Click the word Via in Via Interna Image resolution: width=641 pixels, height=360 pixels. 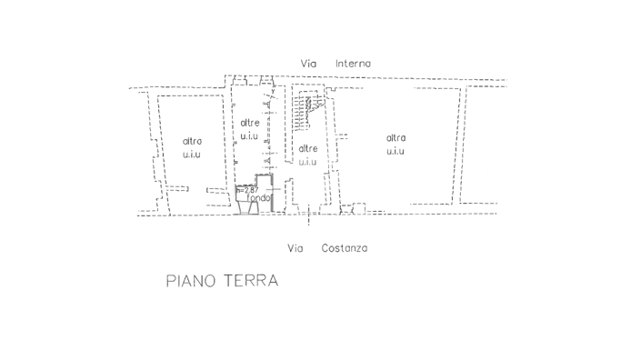pyautogui.click(x=309, y=63)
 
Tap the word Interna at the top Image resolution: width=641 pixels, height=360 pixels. pyautogui.click(x=353, y=63)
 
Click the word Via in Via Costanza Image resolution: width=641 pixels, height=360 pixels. pyautogui.click(x=295, y=248)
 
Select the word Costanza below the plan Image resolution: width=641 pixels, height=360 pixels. pyautogui.click(x=345, y=248)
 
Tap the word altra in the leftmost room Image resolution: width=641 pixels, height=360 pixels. pyautogui.click(x=192, y=141)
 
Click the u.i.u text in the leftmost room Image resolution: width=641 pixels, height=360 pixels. pyautogui.click(x=192, y=155)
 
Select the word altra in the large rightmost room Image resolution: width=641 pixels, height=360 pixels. pyautogui.click(x=396, y=137)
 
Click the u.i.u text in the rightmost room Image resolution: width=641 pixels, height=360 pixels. pyautogui.click(x=396, y=151)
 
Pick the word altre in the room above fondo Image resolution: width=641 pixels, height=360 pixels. pyautogui.click(x=250, y=123)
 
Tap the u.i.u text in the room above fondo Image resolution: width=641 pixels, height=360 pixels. pyautogui.click(x=250, y=136)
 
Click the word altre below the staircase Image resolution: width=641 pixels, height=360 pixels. pyautogui.click(x=308, y=148)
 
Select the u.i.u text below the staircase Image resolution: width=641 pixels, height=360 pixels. pyautogui.click(x=308, y=162)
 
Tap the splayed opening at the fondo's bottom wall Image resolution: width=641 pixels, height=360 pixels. pyautogui.click(x=246, y=209)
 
